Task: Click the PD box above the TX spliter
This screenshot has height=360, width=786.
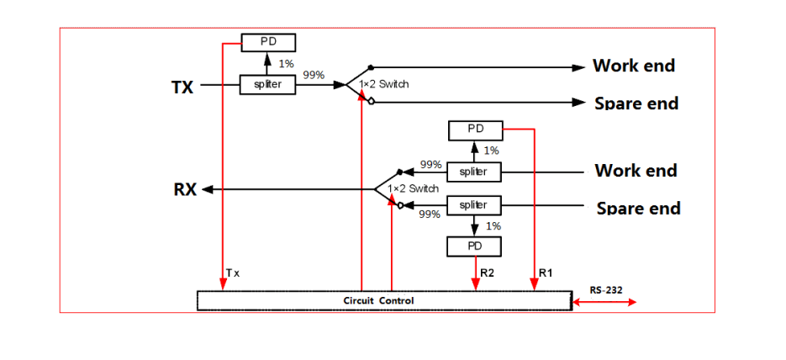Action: [267, 41]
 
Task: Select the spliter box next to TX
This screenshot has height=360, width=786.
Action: [267, 85]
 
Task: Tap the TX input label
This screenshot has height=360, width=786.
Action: [182, 87]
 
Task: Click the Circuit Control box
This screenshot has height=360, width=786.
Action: [382, 300]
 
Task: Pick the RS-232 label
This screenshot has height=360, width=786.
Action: [606, 289]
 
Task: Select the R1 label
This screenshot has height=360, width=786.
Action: [546, 273]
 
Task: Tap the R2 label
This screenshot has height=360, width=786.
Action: [488, 273]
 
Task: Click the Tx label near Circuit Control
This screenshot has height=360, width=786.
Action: [234, 273]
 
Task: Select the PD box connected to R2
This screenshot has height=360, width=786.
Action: [474, 246]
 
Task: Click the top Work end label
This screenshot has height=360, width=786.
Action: [634, 66]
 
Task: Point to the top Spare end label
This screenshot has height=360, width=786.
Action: [636, 103]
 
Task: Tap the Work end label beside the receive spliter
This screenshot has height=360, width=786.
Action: [636, 171]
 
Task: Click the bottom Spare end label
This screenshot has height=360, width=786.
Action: [638, 208]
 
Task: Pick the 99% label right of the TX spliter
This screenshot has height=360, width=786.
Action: [314, 76]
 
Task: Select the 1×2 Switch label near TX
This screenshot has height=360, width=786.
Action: [383, 85]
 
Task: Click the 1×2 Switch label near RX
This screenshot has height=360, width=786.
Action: [413, 188]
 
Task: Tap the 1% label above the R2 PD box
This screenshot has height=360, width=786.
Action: [493, 226]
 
